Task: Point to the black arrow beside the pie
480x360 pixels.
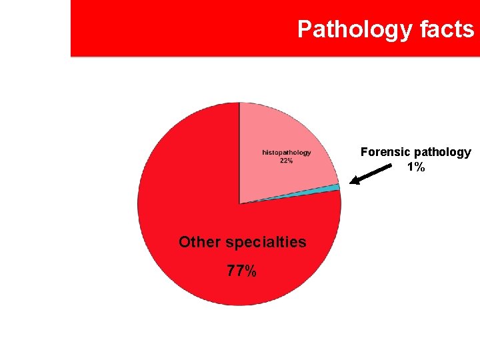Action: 377,171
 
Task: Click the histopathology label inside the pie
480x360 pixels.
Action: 287,153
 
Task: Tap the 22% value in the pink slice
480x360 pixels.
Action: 287,161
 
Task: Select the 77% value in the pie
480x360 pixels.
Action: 241,271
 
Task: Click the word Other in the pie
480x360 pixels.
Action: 199,243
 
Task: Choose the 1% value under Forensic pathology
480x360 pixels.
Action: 416,167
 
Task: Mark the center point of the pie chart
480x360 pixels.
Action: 239,204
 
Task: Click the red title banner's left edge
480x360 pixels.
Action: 72,28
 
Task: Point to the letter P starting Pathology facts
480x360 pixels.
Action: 305,29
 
